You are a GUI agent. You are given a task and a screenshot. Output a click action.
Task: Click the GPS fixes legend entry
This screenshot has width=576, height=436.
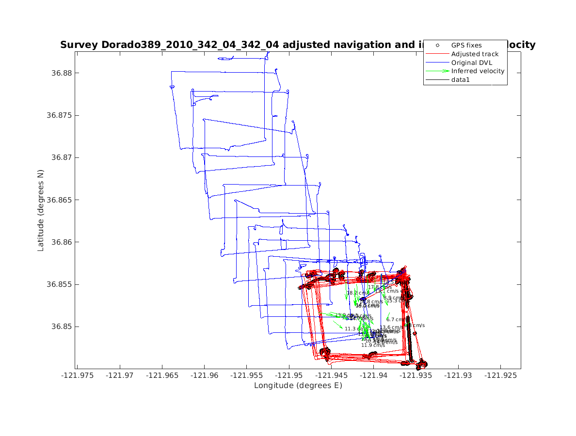[x=466, y=46]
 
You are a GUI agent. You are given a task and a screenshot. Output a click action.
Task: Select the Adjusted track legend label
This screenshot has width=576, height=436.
[x=475, y=54]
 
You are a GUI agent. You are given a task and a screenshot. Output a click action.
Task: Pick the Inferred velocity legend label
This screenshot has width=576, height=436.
[x=478, y=71]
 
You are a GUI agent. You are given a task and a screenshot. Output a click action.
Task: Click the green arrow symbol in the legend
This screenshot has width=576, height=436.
[x=437, y=71]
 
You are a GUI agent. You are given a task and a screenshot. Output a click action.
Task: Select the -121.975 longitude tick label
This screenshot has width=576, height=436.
[x=77, y=375]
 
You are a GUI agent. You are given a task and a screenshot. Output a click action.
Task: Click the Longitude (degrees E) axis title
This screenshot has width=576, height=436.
[x=298, y=386]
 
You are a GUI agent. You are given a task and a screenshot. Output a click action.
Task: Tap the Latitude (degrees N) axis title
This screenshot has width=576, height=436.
[x=41, y=210]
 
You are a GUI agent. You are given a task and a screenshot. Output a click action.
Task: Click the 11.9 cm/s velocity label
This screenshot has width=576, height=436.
[x=373, y=345]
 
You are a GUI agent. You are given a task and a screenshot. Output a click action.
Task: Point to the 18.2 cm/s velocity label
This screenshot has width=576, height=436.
[x=358, y=293]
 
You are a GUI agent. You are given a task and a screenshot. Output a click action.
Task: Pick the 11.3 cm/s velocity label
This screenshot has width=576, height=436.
[x=352, y=329]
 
